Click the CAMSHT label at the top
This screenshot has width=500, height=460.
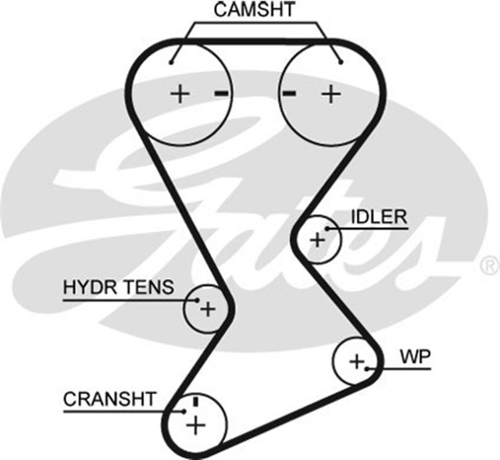pos(255,10)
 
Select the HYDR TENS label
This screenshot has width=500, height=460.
pos(118,287)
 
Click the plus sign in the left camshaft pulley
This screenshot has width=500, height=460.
pos(180,94)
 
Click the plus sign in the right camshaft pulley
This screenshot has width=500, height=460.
pos(332,94)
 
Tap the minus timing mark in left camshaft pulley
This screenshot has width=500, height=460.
pos(222,94)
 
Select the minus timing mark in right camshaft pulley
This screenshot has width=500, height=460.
pos(290,94)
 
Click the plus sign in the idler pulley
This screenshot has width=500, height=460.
pos(317,239)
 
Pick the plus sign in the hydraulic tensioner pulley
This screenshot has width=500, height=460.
pos(207,309)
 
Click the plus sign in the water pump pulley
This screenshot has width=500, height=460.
pos(356,362)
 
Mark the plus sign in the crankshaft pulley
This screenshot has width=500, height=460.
pos(195,425)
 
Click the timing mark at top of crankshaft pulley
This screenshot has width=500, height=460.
pos(195,401)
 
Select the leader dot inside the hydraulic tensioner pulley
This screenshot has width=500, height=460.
pos(197,298)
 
